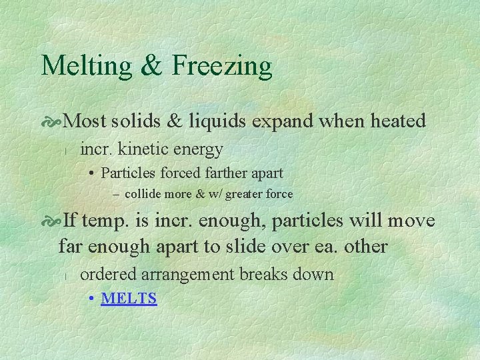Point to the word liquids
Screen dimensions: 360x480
point(217,121)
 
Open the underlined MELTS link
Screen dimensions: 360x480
point(129,298)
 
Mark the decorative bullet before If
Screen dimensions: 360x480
point(51,221)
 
